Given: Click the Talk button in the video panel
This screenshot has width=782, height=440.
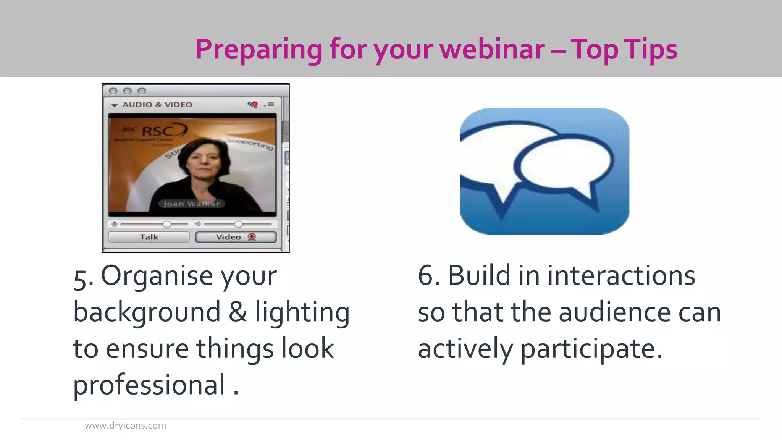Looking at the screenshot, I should (x=149, y=237).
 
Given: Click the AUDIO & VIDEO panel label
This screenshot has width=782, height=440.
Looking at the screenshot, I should (x=157, y=105).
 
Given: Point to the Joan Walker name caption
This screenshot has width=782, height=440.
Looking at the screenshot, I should (x=191, y=204).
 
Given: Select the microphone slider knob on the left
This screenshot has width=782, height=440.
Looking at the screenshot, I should (x=167, y=224).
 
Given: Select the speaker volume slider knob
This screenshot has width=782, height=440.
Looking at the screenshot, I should (x=238, y=224).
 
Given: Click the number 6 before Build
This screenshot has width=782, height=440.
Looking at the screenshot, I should (x=427, y=276).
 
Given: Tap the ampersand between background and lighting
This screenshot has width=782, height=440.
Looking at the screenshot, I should (x=238, y=312).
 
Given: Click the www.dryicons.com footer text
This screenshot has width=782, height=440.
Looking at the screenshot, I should (x=125, y=425).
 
